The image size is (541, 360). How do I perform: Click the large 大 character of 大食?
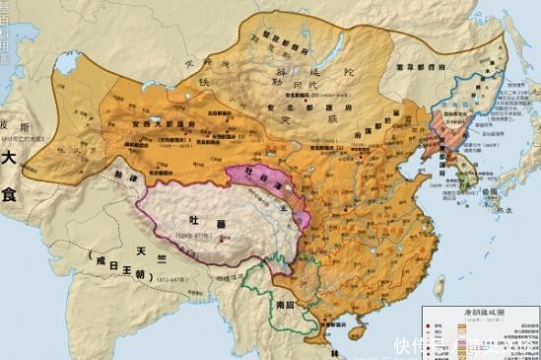pos(9,158)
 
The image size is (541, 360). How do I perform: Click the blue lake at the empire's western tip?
pos(67,66)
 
